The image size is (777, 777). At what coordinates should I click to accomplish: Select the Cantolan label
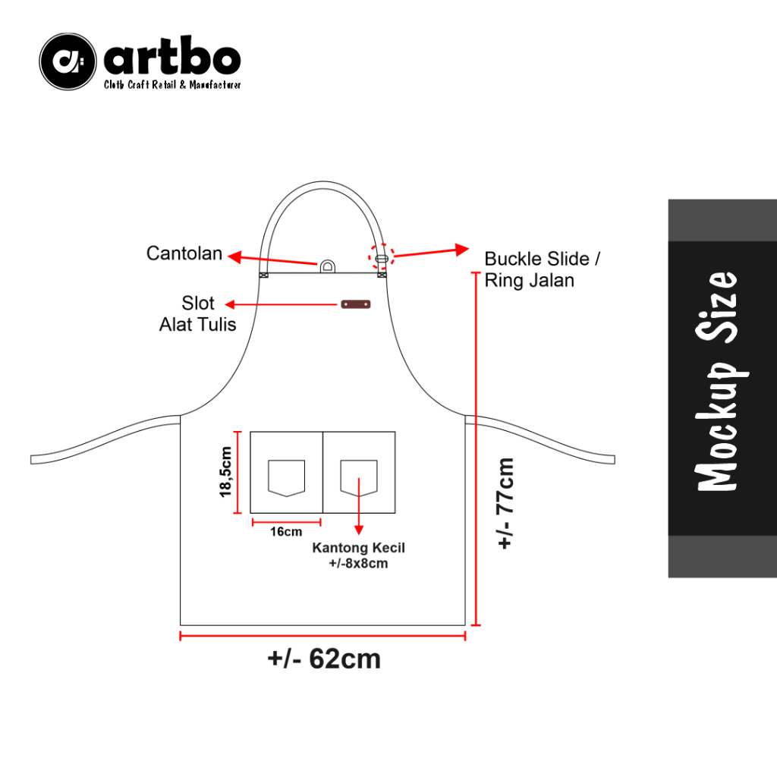point(184,253)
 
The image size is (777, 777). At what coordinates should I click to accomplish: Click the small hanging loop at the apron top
point(327,266)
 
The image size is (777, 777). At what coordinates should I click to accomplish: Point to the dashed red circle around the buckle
point(382,257)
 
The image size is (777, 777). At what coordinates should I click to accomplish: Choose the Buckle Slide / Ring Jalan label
point(542,269)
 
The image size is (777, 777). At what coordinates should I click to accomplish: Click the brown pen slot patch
point(355,304)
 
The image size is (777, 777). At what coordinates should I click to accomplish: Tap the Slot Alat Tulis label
point(197,314)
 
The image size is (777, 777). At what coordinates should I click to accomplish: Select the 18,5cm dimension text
point(226,472)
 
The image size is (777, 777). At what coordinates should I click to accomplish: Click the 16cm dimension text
point(285,531)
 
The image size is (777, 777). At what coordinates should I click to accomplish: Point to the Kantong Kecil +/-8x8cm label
point(358,555)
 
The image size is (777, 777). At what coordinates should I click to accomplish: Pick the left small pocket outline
point(286,478)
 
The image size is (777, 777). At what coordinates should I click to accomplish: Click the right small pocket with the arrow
point(359,478)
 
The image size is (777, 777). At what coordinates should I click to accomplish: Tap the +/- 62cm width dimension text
point(324,659)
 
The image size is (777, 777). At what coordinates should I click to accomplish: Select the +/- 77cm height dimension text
point(506,502)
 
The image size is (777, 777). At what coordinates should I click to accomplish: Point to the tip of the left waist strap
point(34,460)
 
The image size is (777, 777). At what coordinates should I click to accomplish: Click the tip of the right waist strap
point(611,459)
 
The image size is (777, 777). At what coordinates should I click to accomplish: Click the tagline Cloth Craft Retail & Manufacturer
point(172,85)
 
